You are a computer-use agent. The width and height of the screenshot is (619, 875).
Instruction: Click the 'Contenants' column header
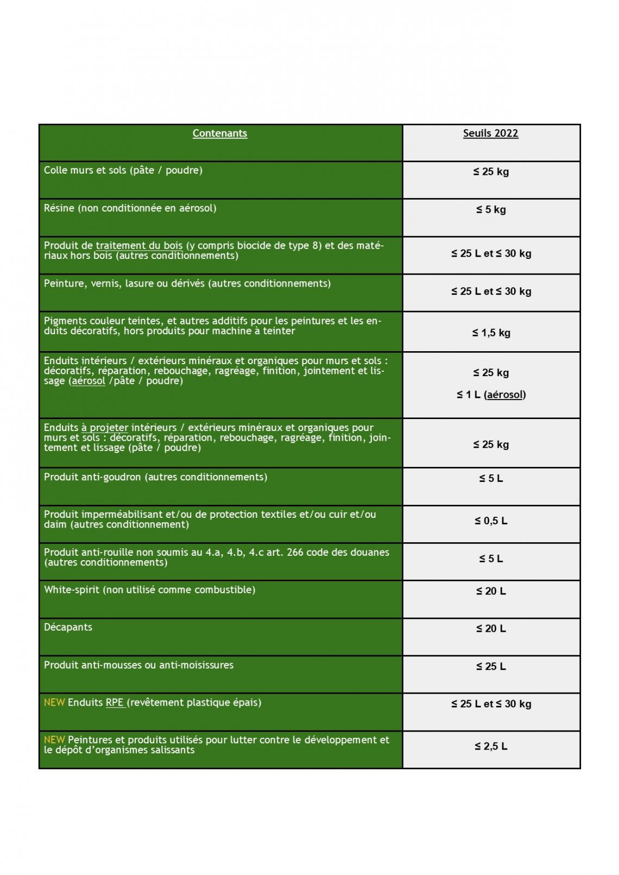220,134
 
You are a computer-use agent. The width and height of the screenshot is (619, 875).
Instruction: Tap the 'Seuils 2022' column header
490,134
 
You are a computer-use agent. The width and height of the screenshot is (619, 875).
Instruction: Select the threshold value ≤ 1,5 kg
491,333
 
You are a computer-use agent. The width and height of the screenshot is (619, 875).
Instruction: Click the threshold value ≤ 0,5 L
491,521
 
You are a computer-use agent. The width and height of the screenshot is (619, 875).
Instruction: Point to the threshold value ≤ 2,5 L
491,746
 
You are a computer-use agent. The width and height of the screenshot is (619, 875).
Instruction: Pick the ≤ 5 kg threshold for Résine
491,210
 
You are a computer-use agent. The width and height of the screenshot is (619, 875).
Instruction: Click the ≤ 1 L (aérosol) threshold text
491,395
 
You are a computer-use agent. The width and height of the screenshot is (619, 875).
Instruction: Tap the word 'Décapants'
68,627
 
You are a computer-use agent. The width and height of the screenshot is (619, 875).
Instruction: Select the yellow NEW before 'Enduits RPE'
54,702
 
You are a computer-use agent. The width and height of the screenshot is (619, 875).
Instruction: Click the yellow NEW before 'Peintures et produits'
54,740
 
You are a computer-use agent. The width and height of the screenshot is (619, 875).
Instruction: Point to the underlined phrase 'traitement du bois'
139,246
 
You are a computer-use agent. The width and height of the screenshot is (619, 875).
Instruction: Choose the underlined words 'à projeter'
105,428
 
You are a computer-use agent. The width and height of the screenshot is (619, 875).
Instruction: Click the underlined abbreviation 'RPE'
115,702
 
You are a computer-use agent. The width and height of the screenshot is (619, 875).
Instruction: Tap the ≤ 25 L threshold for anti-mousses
491,667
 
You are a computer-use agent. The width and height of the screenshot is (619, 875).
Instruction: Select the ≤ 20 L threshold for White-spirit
491,591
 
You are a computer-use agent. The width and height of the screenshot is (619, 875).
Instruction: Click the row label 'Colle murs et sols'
85,170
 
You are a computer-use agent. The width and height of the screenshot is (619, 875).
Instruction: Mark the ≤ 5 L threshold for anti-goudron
491,478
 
